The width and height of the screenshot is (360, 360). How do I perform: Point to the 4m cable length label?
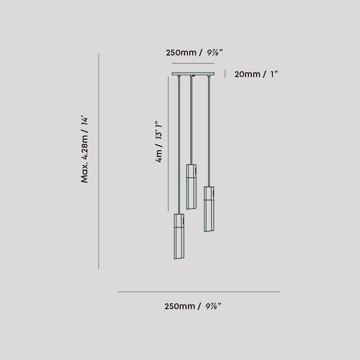(159, 142)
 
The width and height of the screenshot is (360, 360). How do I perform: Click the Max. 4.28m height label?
(84, 150)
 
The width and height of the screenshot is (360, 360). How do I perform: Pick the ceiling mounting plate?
(193, 74)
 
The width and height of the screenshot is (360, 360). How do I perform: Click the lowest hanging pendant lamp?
(179, 236)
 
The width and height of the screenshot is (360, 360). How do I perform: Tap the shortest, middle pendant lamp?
(192, 186)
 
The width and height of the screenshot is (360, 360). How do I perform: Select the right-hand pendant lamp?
(209, 209)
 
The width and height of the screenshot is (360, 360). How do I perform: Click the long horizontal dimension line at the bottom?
(199, 292)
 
